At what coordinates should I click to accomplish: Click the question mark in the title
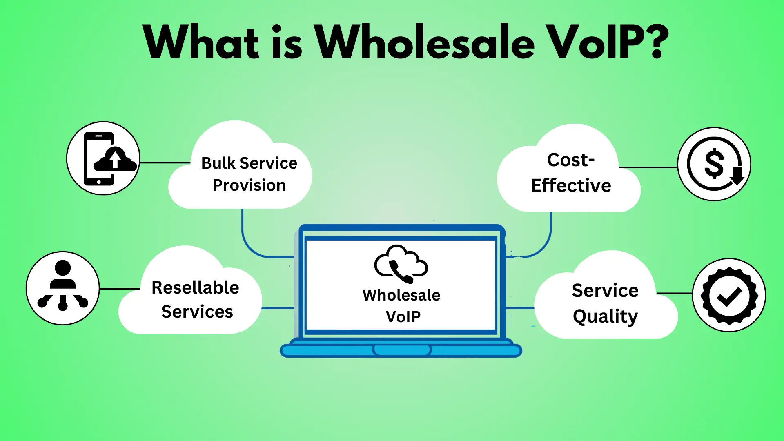click(655, 41)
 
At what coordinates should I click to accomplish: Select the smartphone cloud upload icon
click(103, 158)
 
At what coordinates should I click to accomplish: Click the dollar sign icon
click(714, 164)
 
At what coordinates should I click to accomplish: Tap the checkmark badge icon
click(729, 295)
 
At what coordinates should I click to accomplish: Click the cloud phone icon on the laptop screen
click(401, 264)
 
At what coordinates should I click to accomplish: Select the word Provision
click(249, 185)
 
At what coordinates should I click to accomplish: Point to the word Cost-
click(571, 160)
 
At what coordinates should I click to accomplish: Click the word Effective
click(571, 185)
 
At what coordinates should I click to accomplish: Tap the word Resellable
click(195, 287)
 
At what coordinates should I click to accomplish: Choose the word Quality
click(605, 317)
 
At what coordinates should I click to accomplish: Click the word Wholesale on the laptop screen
click(401, 295)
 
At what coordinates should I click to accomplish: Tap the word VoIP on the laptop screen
click(403, 316)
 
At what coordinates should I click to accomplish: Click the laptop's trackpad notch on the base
click(402, 350)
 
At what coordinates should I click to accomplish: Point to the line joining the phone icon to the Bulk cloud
click(165, 163)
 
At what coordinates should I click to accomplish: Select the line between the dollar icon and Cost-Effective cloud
click(648, 167)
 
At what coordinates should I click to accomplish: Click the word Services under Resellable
click(197, 312)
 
